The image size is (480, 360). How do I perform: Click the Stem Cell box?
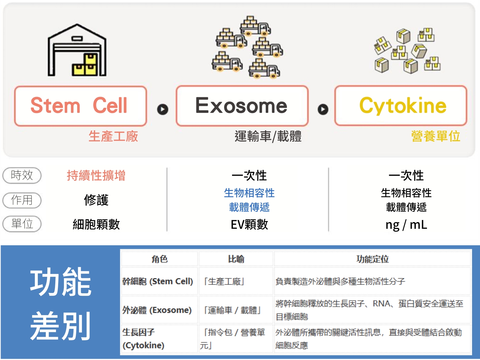(x=80, y=106)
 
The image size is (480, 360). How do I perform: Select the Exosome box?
(x=242, y=106)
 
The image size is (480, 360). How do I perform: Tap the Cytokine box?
(x=401, y=106)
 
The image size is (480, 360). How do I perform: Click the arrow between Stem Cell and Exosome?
(x=163, y=109)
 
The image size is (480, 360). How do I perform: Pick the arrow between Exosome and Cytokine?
(x=323, y=109)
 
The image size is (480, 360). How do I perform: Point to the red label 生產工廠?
(x=113, y=136)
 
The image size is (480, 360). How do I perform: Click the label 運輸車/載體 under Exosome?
(x=268, y=136)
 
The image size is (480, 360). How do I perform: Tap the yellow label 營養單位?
(x=435, y=136)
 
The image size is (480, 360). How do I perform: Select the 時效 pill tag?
(x=22, y=175)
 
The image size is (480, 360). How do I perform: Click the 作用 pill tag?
(x=22, y=200)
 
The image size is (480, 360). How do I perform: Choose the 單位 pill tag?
(x=22, y=224)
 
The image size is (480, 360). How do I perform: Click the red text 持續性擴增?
(x=96, y=175)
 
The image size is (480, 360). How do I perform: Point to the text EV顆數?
(x=249, y=225)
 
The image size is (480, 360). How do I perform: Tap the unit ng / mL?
(x=406, y=225)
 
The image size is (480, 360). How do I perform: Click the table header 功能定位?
(x=373, y=259)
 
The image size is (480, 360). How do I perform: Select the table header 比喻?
(x=236, y=259)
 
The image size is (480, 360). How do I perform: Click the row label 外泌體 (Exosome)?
(x=157, y=310)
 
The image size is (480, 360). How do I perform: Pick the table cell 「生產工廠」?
(x=224, y=282)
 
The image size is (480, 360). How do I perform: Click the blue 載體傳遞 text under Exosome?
(x=249, y=207)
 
